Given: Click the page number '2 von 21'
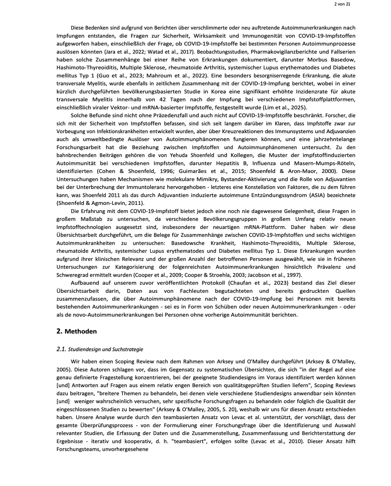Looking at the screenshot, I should click(342, 4).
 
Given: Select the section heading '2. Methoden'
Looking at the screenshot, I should click(77, 331).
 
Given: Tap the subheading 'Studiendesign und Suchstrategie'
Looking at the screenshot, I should click(105, 349).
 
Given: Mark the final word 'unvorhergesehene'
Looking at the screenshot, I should click(127, 449).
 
